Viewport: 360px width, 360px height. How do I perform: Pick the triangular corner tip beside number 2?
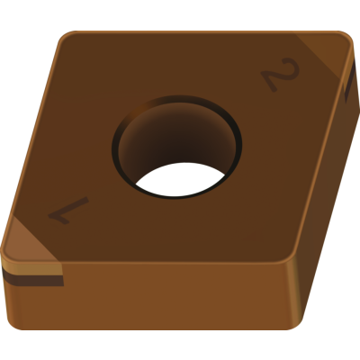click(x=328, y=56)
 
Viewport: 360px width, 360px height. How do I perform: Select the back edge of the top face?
click(x=198, y=32)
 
